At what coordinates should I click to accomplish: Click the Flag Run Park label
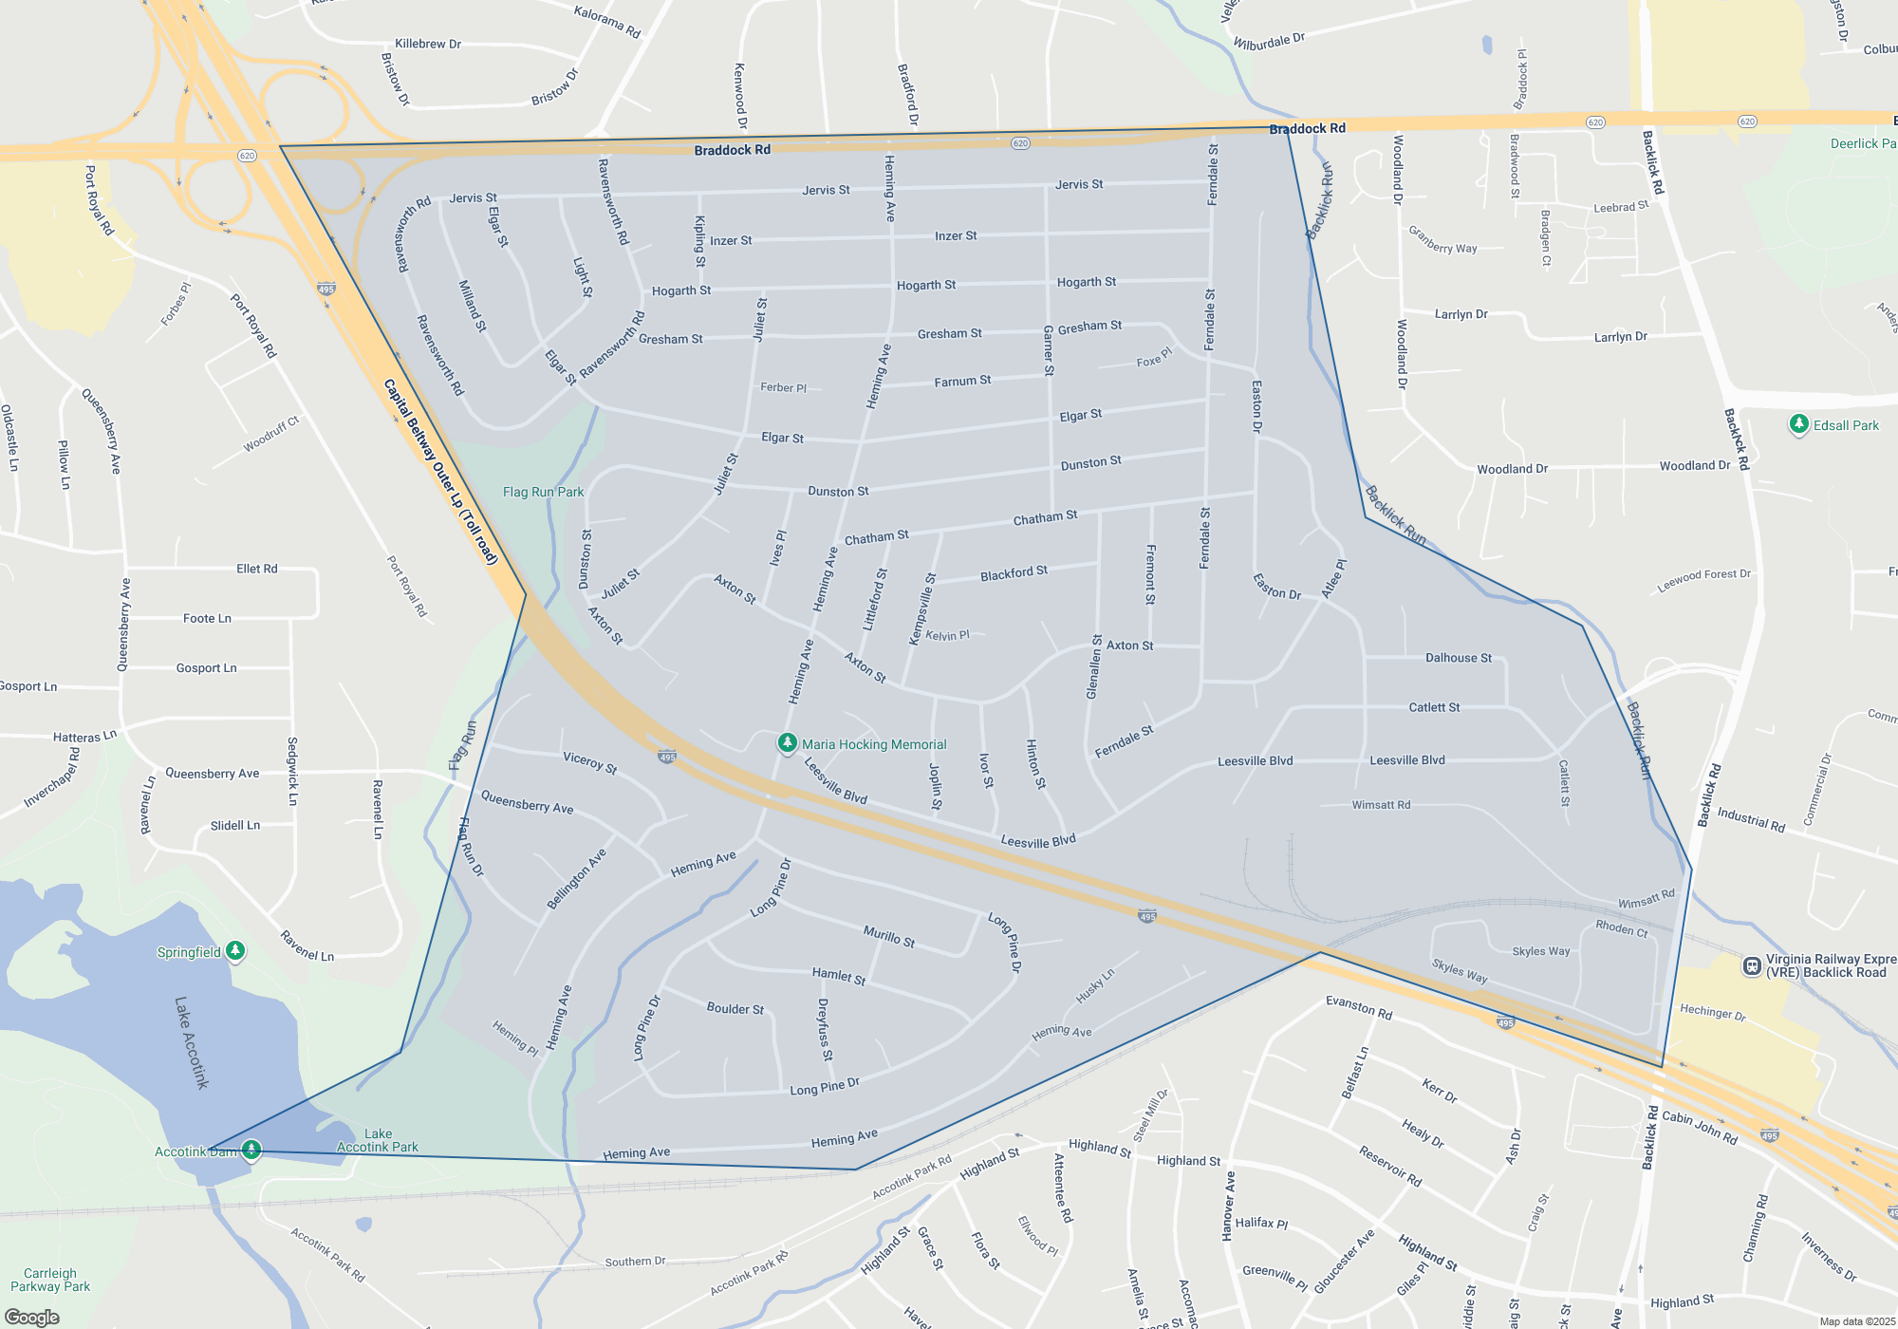[543, 492]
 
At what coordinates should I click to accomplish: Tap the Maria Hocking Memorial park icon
[787, 743]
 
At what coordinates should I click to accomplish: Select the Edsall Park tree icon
[1798, 424]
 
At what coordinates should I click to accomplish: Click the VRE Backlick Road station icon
[1752, 966]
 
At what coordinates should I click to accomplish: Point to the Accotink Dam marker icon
[251, 1151]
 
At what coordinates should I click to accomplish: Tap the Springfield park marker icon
[235, 950]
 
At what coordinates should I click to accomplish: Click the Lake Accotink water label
[191, 1042]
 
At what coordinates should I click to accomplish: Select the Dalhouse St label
[1458, 658]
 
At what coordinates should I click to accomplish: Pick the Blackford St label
[1014, 573]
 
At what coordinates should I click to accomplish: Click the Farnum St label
[962, 381]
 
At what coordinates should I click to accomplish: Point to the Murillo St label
[889, 936]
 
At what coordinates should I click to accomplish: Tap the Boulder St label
[735, 1008]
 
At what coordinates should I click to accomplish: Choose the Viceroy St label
[590, 762]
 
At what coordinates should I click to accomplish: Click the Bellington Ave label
[576, 880]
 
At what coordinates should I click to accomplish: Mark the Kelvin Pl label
[947, 636]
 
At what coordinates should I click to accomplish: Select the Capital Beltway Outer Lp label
[440, 472]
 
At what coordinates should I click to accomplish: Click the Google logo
[31, 1318]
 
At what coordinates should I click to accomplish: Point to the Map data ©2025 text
[1857, 1321]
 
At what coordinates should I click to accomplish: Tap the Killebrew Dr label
[428, 44]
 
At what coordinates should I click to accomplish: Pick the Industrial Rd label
[1751, 820]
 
